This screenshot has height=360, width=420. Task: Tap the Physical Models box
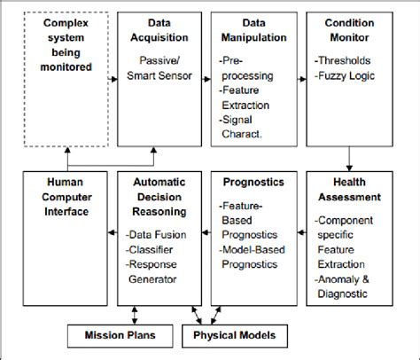pyautogui.click(x=229, y=337)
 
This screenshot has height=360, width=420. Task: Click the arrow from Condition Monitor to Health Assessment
pyautogui.click(x=349, y=160)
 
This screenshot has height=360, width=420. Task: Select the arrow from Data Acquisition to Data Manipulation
pyautogui.click(x=206, y=80)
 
